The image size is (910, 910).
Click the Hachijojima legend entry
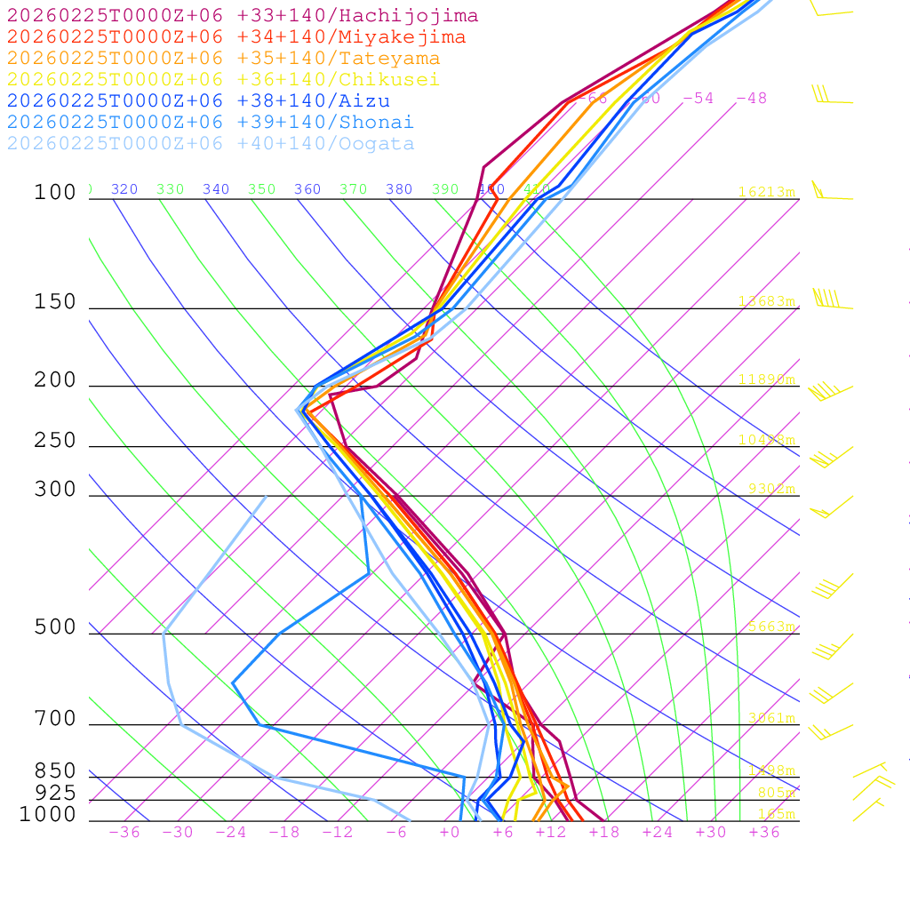[x=242, y=16]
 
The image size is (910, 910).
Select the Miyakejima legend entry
[x=235, y=37]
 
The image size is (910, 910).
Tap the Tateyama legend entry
[x=223, y=59]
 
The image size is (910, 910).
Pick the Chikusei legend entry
[x=223, y=80]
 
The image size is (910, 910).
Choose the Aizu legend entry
[x=198, y=101]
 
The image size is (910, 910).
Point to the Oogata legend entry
[x=211, y=144]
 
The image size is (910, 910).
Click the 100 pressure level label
[x=55, y=193]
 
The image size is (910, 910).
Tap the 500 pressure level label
[x=55, y=628]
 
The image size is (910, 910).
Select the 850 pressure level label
[x=55, y=771]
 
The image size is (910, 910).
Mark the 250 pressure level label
[x=55, y=441]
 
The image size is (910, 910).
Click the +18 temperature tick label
[x=603, y=833]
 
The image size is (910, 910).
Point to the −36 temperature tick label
[x=124, y=833]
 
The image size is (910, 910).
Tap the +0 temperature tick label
[x=450, y=833]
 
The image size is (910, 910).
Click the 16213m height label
[x=767, y=192]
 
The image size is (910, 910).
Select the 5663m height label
[x=770, y=627]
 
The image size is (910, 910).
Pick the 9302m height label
[x=770, y=489]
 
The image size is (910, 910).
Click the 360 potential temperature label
[x=307, y=189]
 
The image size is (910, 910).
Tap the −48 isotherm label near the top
[x=751, y=99]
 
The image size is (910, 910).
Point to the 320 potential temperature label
[x=124, y=189]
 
